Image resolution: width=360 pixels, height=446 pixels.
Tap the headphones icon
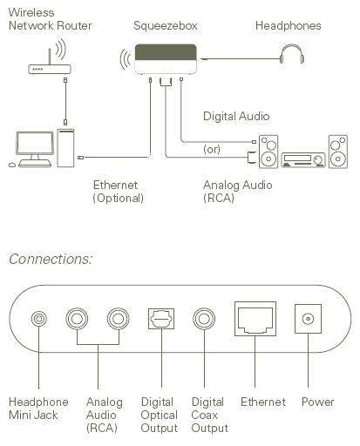pos(292,54)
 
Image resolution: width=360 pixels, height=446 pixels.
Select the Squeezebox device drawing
pos(166,59)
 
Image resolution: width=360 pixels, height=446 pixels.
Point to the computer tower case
pos(65,148)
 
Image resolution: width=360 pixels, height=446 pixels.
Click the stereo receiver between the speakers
pos(303,160)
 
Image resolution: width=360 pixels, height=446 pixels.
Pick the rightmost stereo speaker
pos(338,152)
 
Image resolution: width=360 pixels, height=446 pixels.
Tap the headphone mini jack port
pos(39,319)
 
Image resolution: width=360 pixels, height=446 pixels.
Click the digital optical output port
pos(161,319)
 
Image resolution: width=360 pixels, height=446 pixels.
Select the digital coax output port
pos(204,319)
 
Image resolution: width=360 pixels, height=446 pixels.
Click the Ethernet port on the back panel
pos(255,319)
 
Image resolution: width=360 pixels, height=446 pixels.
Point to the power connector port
pos(308,319)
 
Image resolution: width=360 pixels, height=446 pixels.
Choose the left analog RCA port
pos(77,319)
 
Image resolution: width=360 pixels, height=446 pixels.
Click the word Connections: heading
pos(51,259)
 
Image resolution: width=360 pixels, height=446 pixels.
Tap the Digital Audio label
pos(236,116)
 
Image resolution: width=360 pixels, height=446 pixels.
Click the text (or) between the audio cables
pos(212,149)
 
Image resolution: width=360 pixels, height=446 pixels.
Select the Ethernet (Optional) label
pos(118,192)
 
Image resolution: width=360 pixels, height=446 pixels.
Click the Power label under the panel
pos(318,402)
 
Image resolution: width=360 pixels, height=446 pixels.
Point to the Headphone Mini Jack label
pos(38,409)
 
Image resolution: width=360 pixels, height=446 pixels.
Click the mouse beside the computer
pos(12,165)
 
